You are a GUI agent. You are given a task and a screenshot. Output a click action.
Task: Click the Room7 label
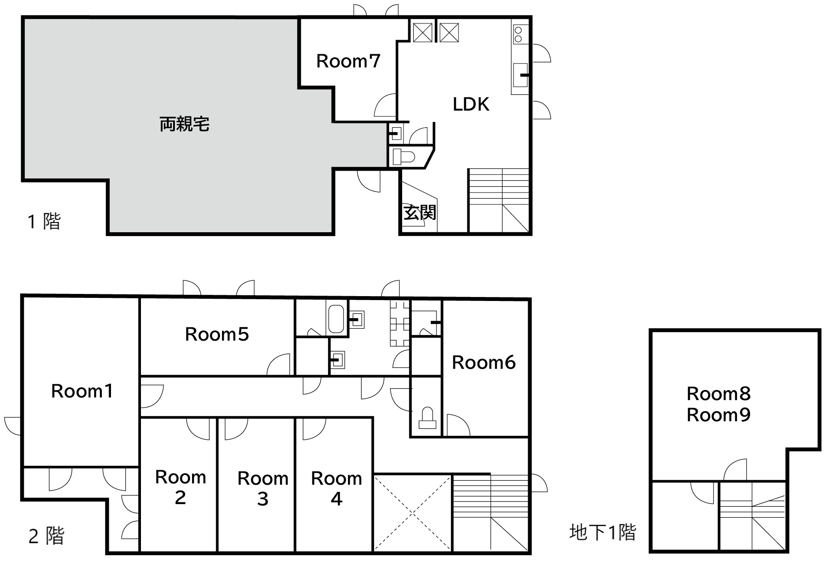point(348,61)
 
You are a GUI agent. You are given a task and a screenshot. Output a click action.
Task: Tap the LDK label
point(471,104)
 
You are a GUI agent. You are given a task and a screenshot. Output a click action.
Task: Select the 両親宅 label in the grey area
point(184,124)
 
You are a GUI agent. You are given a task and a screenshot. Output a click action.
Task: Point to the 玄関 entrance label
point(420,212)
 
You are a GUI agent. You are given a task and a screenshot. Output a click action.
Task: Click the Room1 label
point(82,391)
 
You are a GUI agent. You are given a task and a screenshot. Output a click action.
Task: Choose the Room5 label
point(217,334)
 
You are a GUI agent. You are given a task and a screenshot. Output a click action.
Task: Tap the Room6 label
point(484,363)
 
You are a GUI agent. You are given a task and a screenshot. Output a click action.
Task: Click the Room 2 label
point(181,487)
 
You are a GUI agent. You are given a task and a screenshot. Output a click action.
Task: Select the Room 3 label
point(263,489)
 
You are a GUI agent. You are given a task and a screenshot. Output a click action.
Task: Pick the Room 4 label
point(337,489)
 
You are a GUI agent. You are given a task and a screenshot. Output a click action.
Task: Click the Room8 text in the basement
point(719,394)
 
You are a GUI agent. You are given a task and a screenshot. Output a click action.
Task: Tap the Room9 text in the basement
point(719,415)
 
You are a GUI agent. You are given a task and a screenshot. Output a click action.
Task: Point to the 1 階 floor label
point(44,221)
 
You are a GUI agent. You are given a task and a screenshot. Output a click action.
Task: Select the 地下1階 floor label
point(603,532)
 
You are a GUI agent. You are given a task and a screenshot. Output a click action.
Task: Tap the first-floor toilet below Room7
point(403,157)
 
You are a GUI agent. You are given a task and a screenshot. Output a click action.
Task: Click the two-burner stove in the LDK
point(518,34)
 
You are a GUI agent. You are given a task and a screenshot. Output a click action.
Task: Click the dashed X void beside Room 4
point(413,512)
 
